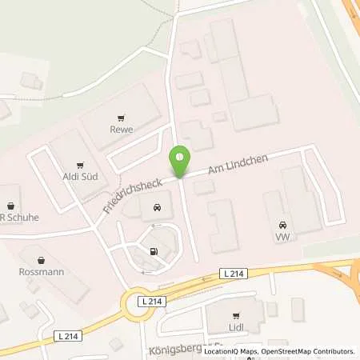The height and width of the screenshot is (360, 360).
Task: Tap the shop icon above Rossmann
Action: pyautogui.click(x=42, y=258)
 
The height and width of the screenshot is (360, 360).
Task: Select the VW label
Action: pyautogui.click(x=282, y=238)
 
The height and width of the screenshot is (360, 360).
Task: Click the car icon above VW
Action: pyautogui.click(x=282, y=224)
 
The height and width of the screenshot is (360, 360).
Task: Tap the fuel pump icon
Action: pyautogui.click(x=153, y=252)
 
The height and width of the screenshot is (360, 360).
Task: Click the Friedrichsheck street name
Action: pyautogui.click(x=132, y=195)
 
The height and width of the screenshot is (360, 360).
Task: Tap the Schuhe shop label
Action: pyautogui.click(x=20, y=216)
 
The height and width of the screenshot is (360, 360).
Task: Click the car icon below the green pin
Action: pyautogui.click(x=154, y=209)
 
